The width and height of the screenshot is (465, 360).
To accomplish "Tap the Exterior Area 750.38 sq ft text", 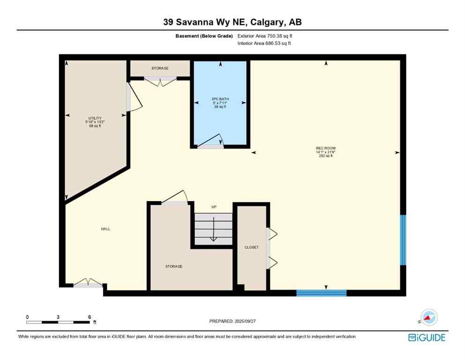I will [267, 36].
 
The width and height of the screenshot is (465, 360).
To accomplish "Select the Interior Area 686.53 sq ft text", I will [266, 43].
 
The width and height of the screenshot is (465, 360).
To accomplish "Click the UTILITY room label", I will [96, 122].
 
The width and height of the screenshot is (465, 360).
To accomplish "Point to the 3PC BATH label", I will [220, 103].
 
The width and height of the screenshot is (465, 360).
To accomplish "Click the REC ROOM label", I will [325, 152].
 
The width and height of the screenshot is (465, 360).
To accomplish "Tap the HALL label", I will [105, 229].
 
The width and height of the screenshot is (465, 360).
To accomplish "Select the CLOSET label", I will [251, 247].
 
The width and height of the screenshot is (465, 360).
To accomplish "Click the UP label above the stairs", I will [214, 207].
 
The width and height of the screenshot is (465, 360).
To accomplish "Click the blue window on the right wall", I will [402, 240].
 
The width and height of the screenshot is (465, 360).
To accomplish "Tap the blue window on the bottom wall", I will [321, 293].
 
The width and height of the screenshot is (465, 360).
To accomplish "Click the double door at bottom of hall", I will [88, 283].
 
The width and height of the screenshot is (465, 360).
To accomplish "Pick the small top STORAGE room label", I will [160, 68].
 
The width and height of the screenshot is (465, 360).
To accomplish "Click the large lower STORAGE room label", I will [173, 266].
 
